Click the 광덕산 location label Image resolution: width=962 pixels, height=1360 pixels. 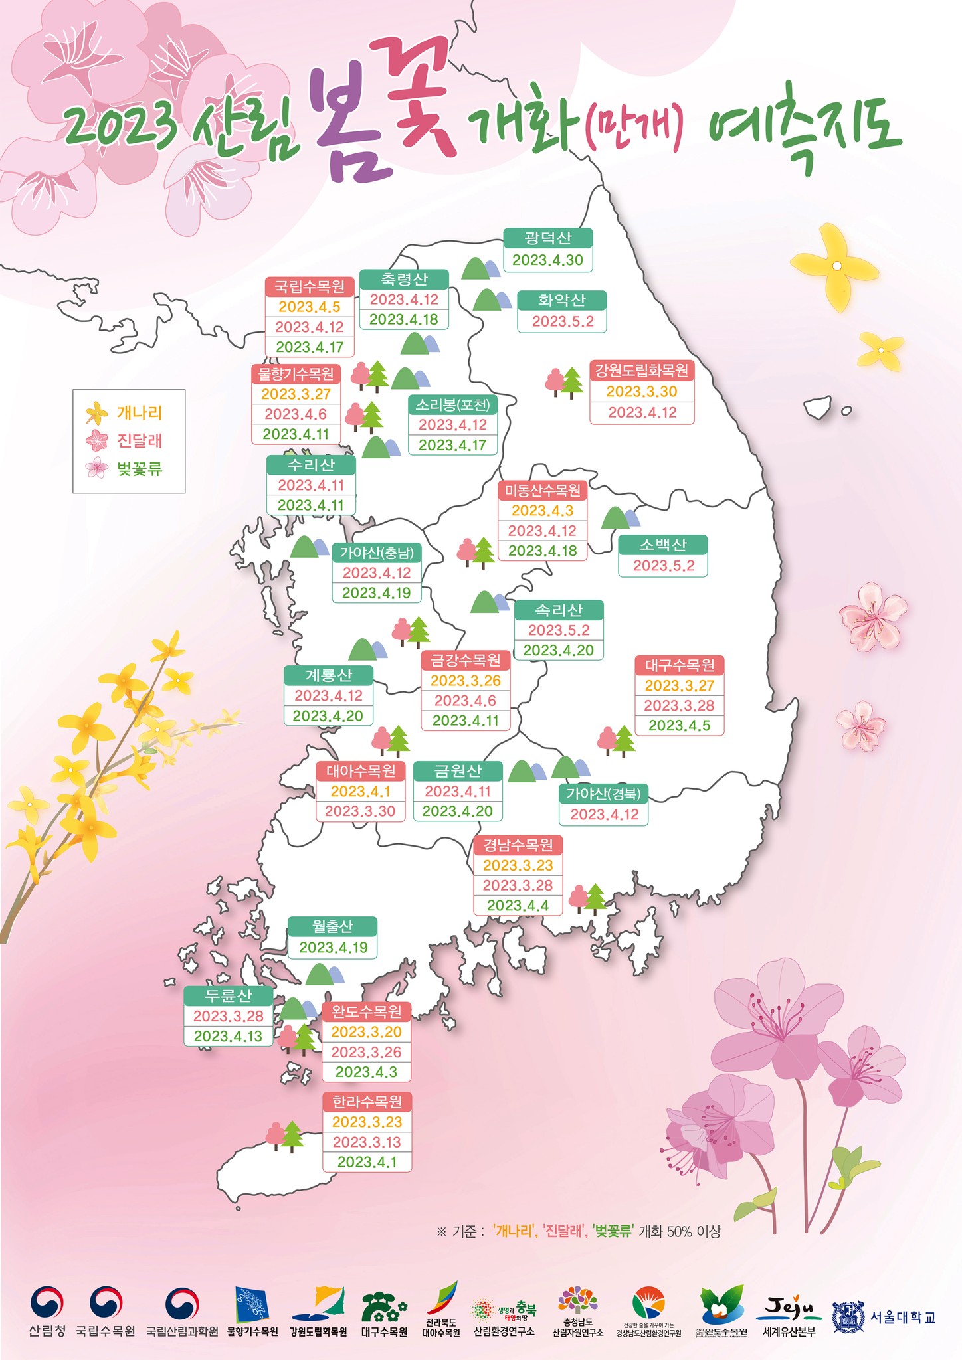click(x=547, y=238)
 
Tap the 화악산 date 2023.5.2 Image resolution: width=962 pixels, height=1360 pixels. click(x=562, y=322)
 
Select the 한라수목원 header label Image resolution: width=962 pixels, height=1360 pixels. click(x=367, y=1102)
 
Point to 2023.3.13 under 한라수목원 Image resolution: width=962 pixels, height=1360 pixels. click(x=367, y=1142)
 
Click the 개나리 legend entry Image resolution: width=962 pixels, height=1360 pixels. click(x=139, y=412)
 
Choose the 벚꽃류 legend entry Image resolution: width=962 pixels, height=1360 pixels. click(x=139, y=469)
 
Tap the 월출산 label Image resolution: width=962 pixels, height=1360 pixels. click(x=332, y=926)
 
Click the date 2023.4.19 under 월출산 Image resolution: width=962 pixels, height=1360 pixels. click(x=333, y=948)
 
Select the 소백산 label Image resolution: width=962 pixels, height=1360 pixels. click(x=662, y=545)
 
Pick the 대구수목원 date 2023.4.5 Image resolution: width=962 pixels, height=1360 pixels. click(x=679, y=725)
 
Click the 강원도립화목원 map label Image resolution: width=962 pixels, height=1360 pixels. click(x=642, y=370)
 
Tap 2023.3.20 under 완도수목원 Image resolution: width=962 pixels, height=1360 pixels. click(x=366, y=1031)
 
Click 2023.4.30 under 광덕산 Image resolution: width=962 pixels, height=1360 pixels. click(x=547, y=260)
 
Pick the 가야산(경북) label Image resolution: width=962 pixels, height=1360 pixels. click(x=603, y=793)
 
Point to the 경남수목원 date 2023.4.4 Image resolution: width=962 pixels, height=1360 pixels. click(x=518, y=905)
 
